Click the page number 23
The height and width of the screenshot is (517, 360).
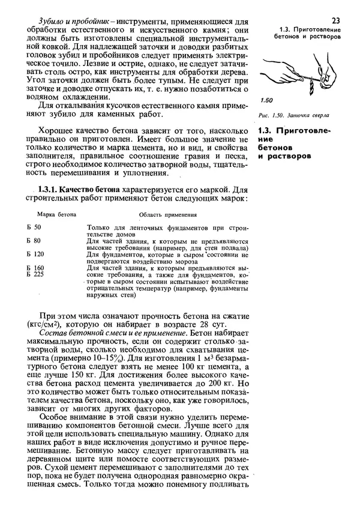tap(335, 20)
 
